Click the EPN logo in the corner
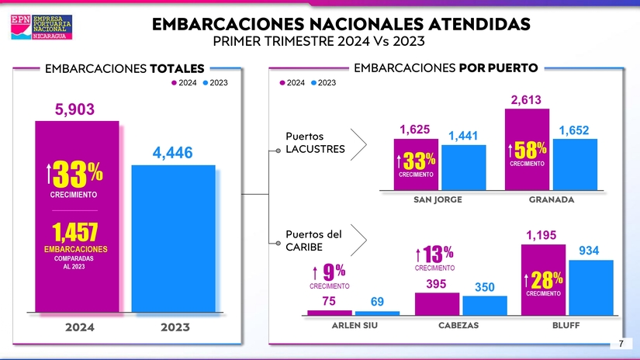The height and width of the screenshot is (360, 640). (x=44, y=26)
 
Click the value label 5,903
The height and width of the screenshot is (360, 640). (x=74, y=110)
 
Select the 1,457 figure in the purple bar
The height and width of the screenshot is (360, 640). (x=74, y=231)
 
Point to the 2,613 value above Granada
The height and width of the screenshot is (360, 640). (x=526, y=99)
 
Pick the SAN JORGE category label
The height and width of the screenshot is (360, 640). (x=438, y=199)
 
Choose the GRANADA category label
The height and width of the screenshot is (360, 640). (x=551, y=199)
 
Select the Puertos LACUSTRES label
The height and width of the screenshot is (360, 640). (x=315, y=143)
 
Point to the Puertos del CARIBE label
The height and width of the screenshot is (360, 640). (x=313, y=240)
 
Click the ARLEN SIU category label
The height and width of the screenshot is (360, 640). (x=354, y=325)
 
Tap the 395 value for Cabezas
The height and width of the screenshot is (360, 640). (x=436, y=284)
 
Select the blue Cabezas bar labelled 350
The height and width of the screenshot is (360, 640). (x=485, y=305)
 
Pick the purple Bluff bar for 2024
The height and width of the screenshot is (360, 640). (x=543, y=279)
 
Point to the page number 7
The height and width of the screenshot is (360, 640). (x=621, y=344)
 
